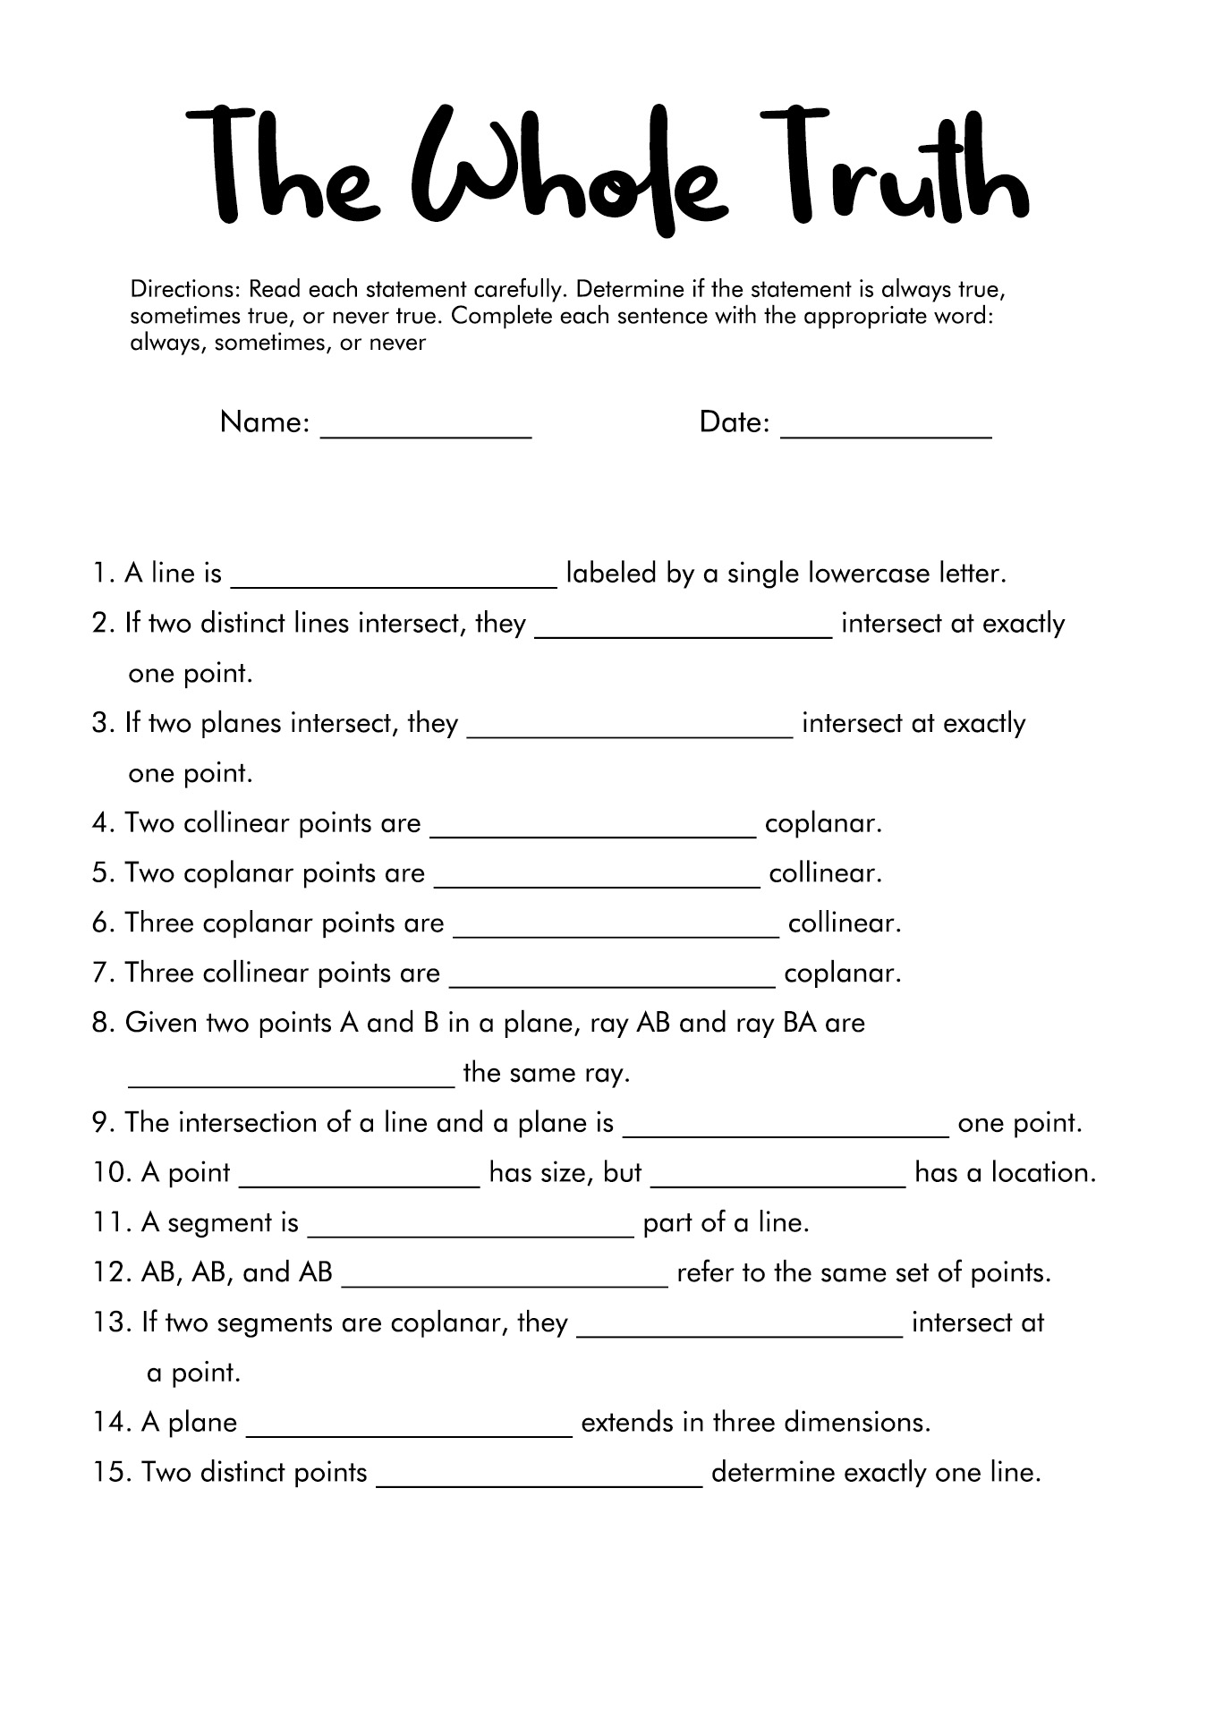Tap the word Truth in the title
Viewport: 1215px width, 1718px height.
tap(895, 170)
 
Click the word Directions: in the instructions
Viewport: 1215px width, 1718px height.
tap(185, 290)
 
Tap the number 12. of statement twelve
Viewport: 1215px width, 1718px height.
tap(111, 1272)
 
